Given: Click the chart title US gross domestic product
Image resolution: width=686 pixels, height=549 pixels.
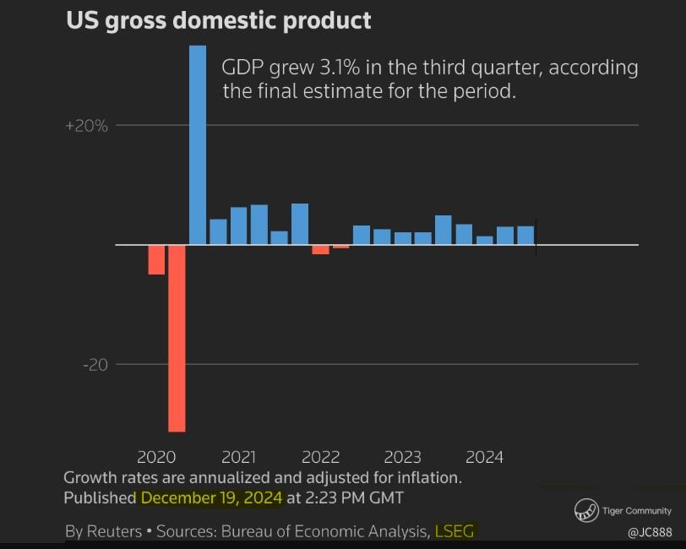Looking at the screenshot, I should pos(218,20).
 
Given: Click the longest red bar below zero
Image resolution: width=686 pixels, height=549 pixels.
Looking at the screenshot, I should pos(177,338).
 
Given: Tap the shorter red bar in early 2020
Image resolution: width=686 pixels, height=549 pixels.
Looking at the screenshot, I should pos(156,259).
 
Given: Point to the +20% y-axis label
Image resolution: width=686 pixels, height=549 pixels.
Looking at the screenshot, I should pos(87,126).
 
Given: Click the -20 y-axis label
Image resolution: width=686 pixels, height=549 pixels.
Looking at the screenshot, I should pos(95,365).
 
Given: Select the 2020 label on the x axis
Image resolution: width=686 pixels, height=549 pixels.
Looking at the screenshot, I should pos(155,458).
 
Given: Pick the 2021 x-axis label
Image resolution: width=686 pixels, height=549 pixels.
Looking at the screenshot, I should pos(238,458).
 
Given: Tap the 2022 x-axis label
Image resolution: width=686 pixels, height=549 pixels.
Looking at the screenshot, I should pos(320,458).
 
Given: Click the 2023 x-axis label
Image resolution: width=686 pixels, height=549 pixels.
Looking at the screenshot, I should pos(402,458).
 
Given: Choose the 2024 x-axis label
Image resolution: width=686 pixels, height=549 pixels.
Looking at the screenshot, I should pos(484,458).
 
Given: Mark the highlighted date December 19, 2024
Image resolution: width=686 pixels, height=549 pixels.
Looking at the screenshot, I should pos(211,497).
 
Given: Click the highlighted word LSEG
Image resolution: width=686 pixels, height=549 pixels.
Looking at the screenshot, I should pos(455,531).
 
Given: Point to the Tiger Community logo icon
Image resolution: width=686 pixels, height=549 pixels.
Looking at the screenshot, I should pos(585,510).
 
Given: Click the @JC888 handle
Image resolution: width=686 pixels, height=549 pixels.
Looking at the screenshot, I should pos(649,533).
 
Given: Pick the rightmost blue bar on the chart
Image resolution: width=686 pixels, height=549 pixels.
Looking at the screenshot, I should pos(525,236).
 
